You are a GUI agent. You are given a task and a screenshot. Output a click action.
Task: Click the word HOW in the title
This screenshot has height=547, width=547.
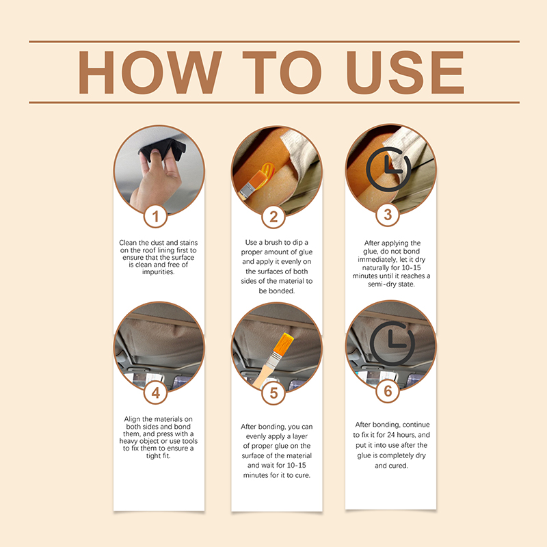150,72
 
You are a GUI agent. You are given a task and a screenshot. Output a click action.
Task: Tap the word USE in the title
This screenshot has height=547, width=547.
405,72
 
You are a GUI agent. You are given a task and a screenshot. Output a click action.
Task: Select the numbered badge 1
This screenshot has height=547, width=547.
156,216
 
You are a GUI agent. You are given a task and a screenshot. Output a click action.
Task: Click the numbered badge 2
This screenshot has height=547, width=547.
273,217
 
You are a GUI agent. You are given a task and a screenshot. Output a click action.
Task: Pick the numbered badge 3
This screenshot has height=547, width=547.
388,215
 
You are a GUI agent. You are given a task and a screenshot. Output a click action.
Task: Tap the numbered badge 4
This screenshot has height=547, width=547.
156,392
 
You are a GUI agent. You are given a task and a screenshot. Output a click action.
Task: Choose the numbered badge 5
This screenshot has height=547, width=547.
273,392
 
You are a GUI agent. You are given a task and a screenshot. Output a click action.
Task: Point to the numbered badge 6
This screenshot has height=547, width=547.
388,390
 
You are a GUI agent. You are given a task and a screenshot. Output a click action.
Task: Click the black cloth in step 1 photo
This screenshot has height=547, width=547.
163,148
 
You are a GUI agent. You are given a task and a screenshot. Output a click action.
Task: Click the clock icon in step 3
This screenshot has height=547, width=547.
388,169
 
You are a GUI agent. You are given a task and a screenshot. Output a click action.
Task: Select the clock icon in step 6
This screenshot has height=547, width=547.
392,343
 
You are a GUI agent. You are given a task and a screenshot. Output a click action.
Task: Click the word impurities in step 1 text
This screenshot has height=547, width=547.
158,272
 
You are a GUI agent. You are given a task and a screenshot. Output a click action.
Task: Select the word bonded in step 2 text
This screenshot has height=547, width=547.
281,291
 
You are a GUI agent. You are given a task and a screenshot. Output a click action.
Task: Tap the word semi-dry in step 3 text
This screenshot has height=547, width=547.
382,284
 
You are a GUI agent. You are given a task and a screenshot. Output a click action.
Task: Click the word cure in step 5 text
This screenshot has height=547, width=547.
302,475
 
